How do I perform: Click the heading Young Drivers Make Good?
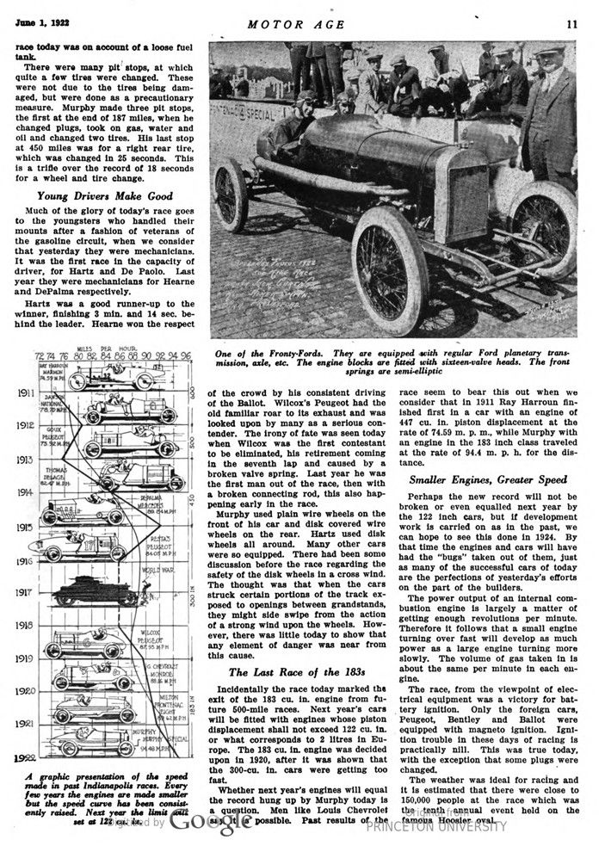click(x=100, y=195)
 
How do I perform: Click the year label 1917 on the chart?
click(x=23, y=592)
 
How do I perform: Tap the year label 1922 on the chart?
click(x=23, y=758)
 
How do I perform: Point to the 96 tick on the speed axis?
click(x=186, y=354)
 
